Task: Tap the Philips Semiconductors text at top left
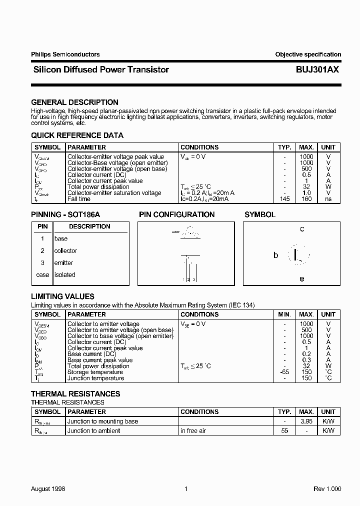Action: tap(65, 54)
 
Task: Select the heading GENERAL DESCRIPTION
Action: tap(74, 102)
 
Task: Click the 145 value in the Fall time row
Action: tap(284, 199)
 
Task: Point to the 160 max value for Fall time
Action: tap(306, 199)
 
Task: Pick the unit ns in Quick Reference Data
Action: tap(328, 199)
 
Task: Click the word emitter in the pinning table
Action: tap(63, 263)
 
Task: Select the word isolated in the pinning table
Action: tap(64, 275)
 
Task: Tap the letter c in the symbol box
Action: tap(302, 229)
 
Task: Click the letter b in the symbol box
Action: tap(275, 255)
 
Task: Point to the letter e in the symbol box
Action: tap(302, 279)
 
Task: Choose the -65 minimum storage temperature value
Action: tap(284, 372)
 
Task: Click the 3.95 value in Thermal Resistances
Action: tap(306, 421)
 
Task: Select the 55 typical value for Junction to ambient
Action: tap(284, 430)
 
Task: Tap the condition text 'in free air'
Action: tap(193, 430)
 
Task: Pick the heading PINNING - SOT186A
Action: tap(65, 214)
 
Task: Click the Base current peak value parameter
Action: tap(100, 360)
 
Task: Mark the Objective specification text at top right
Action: tap(308, 54)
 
